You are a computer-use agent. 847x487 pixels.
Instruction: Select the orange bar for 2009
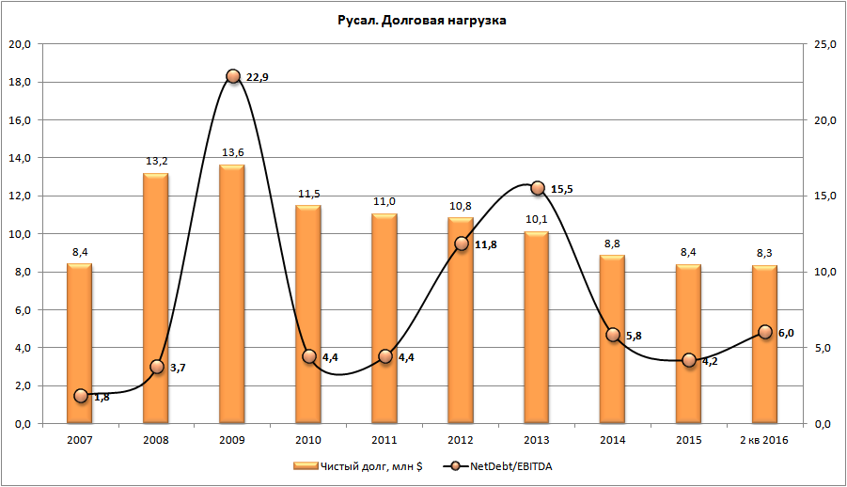[232, 293]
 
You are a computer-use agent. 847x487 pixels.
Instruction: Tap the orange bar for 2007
[80, 343]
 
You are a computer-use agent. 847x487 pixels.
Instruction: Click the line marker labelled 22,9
[233, 76]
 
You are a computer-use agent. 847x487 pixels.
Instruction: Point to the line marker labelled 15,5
[538, 188]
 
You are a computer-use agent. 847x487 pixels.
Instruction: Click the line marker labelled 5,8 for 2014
[613, 335]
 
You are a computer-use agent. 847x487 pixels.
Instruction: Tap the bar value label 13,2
[156, 162]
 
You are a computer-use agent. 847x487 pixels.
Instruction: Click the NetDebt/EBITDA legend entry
[503, 465]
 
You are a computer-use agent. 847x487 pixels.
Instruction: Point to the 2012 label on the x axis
[461, 440]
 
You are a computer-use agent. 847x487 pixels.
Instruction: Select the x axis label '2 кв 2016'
[765, 440]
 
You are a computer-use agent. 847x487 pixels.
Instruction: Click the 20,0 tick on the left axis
[20, 44]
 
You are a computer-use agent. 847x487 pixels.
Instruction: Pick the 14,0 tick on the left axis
[20, 158]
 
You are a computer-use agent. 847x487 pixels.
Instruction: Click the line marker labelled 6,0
[765, 332]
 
